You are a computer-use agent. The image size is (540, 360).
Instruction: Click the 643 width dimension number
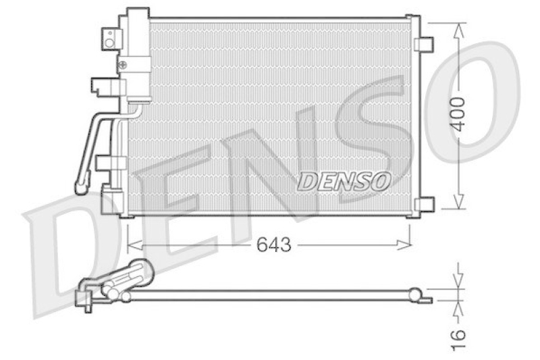coord(273,245)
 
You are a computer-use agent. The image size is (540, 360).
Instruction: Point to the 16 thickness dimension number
coord(459,335)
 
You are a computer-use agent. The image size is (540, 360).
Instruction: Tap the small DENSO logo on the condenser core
coord(345,181)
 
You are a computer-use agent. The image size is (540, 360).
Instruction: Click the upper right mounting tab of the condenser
coord(425,45)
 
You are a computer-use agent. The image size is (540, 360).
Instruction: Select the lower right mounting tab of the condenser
coord(425,203)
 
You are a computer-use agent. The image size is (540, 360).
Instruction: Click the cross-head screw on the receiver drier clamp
coord(123,65)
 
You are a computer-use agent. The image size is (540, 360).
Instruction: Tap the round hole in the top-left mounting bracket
coord(109,42)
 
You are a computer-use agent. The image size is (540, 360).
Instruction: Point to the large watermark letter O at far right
coord(476,95)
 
